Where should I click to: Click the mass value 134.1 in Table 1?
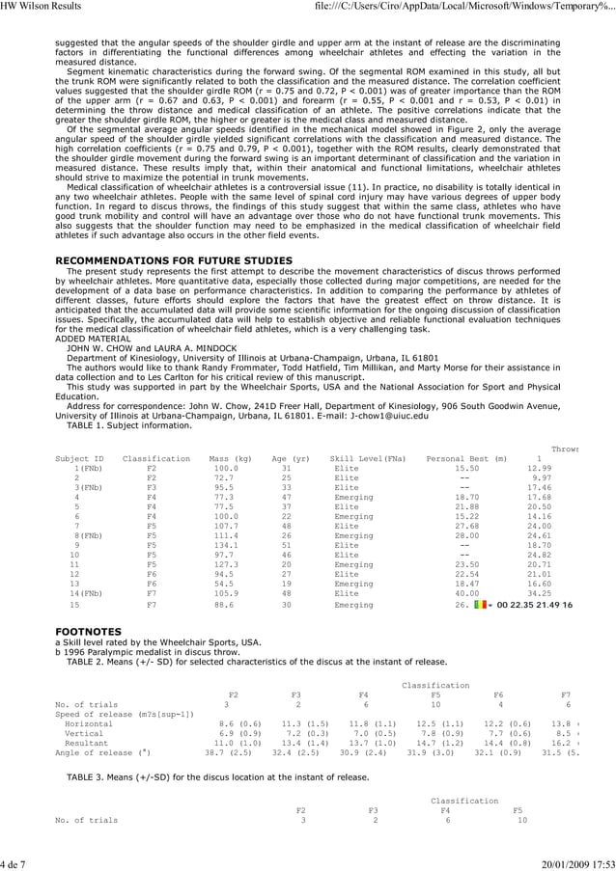point(225,545)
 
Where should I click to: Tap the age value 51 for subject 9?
point(286,545)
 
